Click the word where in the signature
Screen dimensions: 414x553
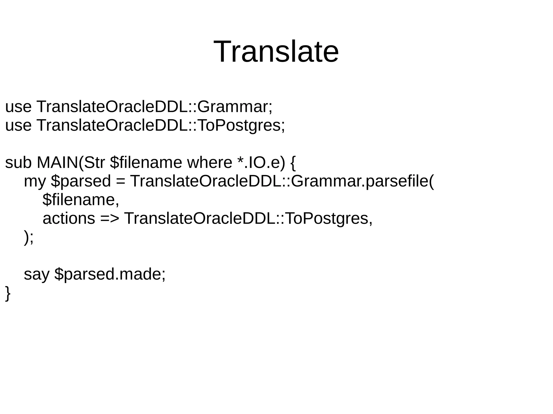pyautogui.click(x=210, y=162)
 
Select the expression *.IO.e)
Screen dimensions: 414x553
pyautogui.click(x=261, y=162)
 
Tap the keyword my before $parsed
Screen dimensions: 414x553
pyautogui.click(x=35, y=181)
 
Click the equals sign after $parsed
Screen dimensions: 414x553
pyautogui.click(x=120, y=181)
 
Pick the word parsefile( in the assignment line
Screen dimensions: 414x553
pyautogui.click(x=400, y=181)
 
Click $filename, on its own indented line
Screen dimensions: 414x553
pyautogui.click(x=81, y=200)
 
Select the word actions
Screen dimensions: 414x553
pyautogui.click(x=69, y=218)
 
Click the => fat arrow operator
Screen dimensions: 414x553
pyautogui.click(x=110, y=218)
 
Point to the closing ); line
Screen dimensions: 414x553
pyautogui.click(x=29, y=237)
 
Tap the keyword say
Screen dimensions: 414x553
pyautogui.click(x=36, y=274)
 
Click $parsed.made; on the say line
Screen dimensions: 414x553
pyautogui.click(x=110, y=274)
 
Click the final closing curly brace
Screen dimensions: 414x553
pyautogui.click(x=8, y=293)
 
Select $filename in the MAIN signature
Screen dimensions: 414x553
pyautogui.click(x=146, y=162)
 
